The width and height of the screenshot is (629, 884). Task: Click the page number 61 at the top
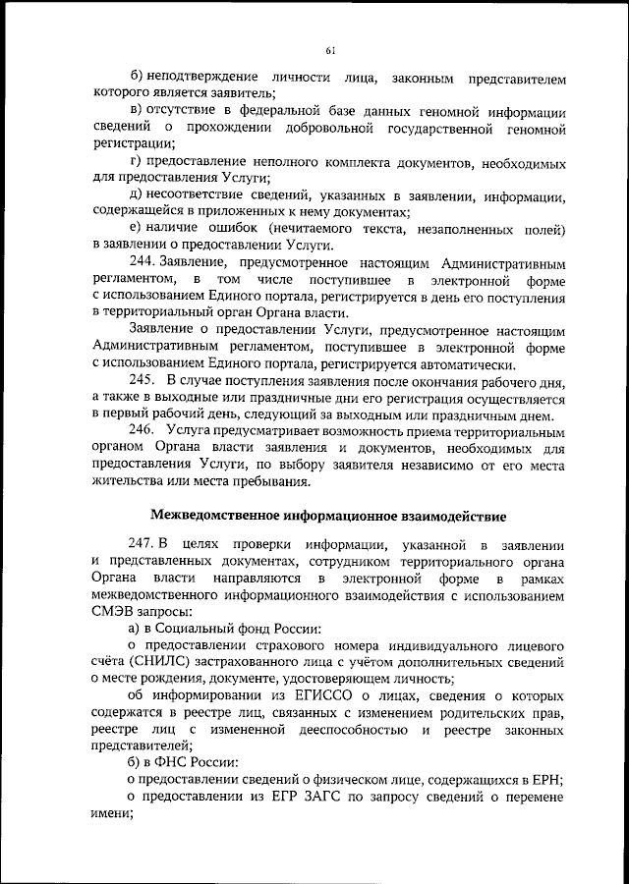tap(329, 51)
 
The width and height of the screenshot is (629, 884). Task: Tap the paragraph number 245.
tap(143, 381)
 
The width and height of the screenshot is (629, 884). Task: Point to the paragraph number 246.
tap(143, 430)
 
